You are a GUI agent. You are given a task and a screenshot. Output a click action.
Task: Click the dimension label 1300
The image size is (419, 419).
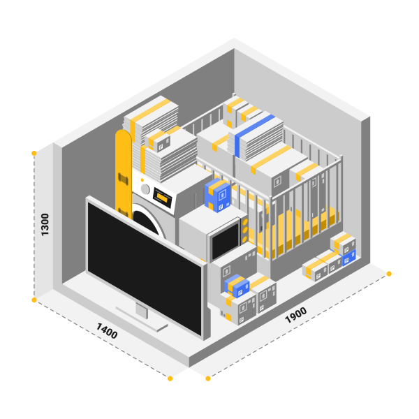click(45, 224)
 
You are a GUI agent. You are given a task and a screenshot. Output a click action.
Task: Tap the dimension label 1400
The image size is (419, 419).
click(107, 331)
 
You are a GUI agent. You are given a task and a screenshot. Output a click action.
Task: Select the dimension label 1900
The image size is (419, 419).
click(295, 315)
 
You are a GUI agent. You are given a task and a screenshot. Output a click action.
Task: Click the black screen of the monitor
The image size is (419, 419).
click(145, 267)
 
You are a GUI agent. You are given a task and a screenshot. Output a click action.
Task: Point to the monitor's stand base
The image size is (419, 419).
click(142, 319)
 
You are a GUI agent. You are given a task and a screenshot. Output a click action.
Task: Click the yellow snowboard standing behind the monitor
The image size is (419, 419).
click(123, 171)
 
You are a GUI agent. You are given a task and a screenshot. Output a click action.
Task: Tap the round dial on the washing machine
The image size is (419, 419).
click(145, 189)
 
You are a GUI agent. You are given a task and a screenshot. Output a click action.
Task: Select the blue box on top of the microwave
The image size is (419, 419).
click(217, 195)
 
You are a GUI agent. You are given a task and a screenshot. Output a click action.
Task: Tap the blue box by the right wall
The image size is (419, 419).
click(348, 257)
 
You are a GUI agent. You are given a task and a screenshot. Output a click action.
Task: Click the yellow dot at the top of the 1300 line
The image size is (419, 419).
click(34, 153)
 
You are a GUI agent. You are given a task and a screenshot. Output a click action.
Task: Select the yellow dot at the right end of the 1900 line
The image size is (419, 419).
click(389, 274)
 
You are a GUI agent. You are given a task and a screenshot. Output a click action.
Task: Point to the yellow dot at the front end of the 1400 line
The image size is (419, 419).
click(170, 378)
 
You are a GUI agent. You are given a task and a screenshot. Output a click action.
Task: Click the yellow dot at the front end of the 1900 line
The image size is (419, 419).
click(208, 378)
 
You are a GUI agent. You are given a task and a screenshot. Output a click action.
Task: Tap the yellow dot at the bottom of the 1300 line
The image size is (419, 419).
click(34, 300)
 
